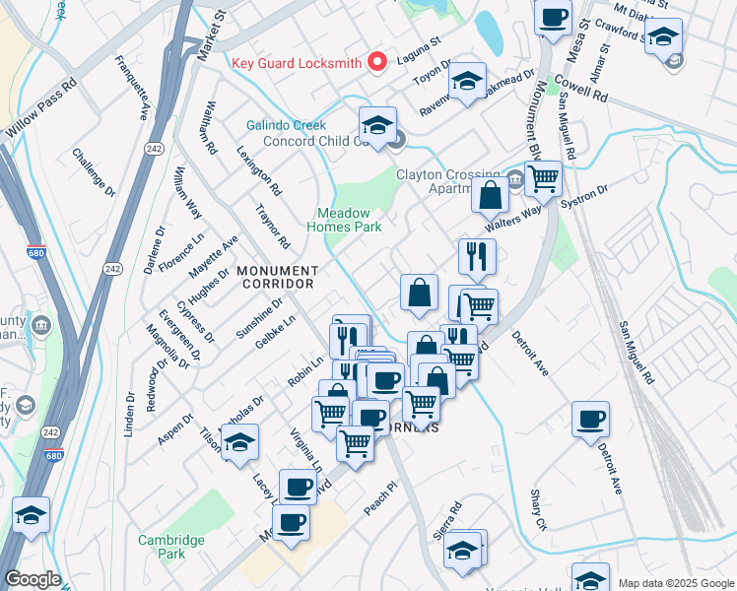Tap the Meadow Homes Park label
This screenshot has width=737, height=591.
pyautogui.click(x=349, y=220)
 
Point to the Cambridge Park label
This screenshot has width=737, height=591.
pyautogui.click(x=171, y=547)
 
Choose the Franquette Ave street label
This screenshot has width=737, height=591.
pyautogui.click(x=130, y=88)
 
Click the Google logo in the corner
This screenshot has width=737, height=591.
pyautogui.click(x=33, y=580)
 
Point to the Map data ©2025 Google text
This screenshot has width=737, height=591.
pyautogui.click(x=675, y=583)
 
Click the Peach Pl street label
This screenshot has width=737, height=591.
pyautogui.click(x=378, y=493)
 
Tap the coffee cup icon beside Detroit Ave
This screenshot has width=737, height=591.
pyautogui.click(x=590, y=420)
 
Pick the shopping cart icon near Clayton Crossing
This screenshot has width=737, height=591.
pyautogui.click(x=542, y=179)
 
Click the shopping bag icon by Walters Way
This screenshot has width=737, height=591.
pyautogui.click(x=490, y=196)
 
